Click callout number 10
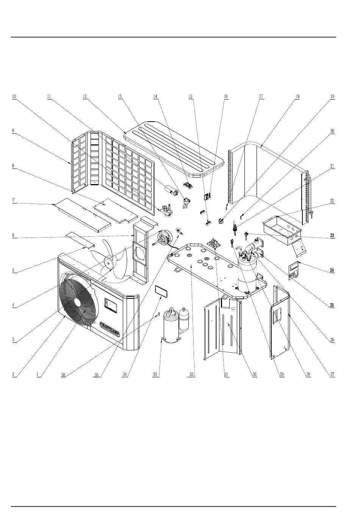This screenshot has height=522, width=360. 14,97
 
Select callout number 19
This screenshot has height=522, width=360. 332,97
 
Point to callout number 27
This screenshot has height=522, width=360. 332,375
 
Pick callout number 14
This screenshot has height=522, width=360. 155,97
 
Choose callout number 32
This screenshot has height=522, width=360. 192,375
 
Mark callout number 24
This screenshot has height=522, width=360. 332,270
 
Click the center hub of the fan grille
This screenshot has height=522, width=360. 77,302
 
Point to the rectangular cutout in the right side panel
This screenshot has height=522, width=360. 275,315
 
